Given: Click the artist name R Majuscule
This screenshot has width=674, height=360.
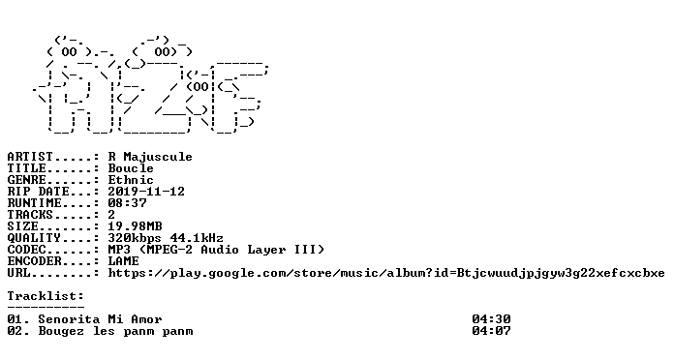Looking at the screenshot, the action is click(150, 157).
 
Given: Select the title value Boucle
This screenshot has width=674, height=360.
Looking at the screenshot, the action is click(131, 168).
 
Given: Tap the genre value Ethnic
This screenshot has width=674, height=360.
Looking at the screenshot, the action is click(131, 180).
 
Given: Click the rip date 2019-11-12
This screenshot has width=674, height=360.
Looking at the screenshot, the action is click(146, 192).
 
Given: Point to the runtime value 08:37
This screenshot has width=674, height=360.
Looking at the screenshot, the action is click(127, 203).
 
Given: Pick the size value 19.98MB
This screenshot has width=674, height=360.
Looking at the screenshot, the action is click(135, 226).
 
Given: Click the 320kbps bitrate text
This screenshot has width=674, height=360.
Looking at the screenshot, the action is click(135, 238).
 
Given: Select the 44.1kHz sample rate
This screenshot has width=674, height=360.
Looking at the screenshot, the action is click(197, 238).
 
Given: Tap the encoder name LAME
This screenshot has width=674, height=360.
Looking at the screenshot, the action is click(123, 261).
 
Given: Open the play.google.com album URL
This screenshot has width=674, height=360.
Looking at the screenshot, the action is click(386, 273).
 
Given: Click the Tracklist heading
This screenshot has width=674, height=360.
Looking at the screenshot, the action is click(46, 296).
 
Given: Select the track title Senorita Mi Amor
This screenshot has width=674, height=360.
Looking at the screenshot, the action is click(100, 319).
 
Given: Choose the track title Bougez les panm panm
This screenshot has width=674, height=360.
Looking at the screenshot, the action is click(115, 331).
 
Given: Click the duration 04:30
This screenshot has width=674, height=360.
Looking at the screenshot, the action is click(491, 319).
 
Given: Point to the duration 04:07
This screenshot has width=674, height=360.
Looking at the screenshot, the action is click(491, 331).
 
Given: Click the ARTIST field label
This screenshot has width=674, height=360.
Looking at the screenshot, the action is click(30, 157).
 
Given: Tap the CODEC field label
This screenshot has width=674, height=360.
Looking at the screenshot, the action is click(26, 250).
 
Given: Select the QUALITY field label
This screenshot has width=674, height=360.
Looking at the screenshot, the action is click(34, 238).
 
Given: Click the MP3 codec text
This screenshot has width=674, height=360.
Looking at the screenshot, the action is click(119, 250).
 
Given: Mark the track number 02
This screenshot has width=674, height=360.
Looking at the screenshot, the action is click(15, 331).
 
